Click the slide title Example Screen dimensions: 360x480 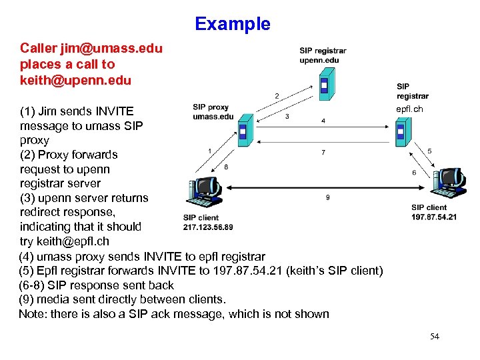coord(233,24)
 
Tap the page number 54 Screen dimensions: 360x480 coord(435,337)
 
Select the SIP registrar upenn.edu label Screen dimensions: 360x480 coord(323,55)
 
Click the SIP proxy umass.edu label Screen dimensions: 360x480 coord(213,111)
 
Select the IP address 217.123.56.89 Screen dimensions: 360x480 coord(208,227)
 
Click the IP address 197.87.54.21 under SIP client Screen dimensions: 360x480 coord(434,217)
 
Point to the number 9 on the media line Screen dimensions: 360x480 coord(327,197)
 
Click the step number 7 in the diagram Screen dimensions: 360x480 coord(323,153)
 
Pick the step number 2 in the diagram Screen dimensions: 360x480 coord(277,96)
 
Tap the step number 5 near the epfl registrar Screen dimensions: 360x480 coord(429,151)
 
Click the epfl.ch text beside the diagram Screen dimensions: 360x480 coord(409,109)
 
